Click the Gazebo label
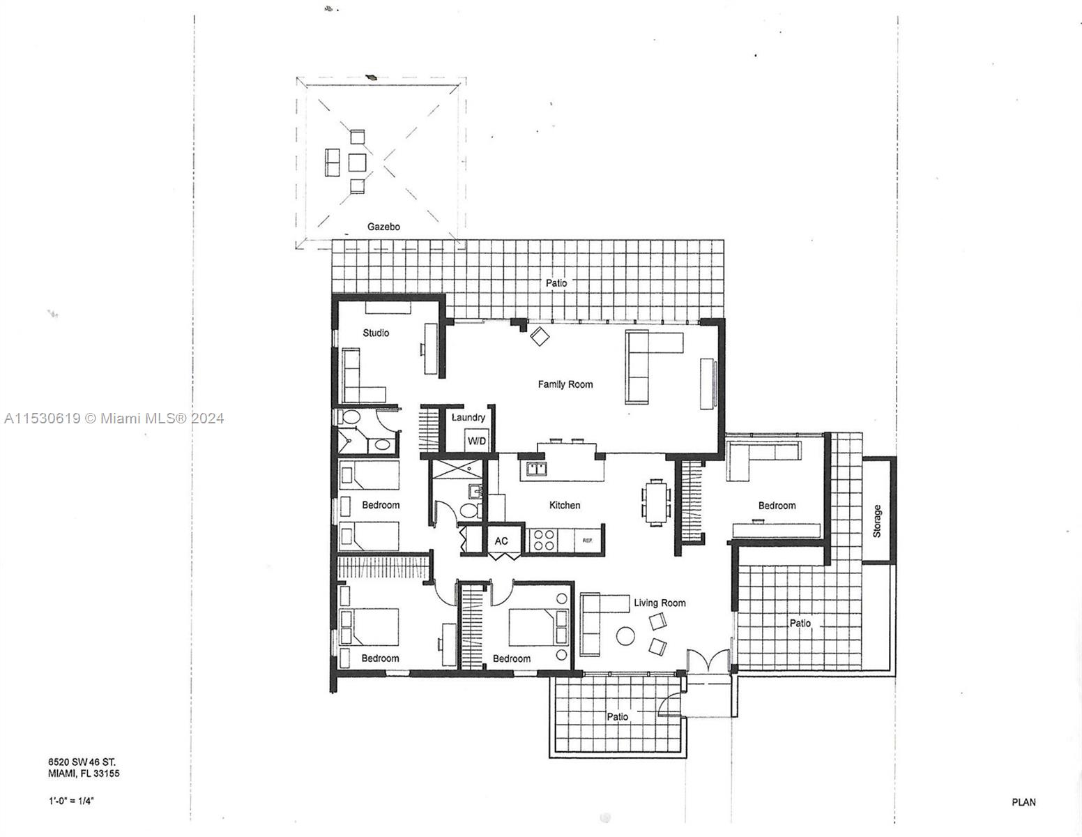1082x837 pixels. point(383,227)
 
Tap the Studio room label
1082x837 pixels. point(376,333)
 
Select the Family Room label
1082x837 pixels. point(565,384)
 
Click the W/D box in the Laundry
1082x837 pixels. point(477,441)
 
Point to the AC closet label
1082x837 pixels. point(501,541)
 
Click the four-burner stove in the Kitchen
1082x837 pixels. point(543,541)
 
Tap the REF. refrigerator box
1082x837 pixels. point(588,541)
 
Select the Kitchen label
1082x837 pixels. point(565,506)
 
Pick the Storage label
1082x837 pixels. point(877,521)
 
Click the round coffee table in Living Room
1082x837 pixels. point(625,636)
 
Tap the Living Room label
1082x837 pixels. point(660,603)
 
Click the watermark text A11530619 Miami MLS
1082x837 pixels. point(114,418)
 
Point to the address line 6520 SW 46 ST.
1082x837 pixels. point(82,762)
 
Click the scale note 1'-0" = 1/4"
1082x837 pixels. point(71,801)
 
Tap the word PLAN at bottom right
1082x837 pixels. point(1023,802)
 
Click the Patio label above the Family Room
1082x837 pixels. point(556,282)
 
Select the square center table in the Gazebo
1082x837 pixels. point(357,163)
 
